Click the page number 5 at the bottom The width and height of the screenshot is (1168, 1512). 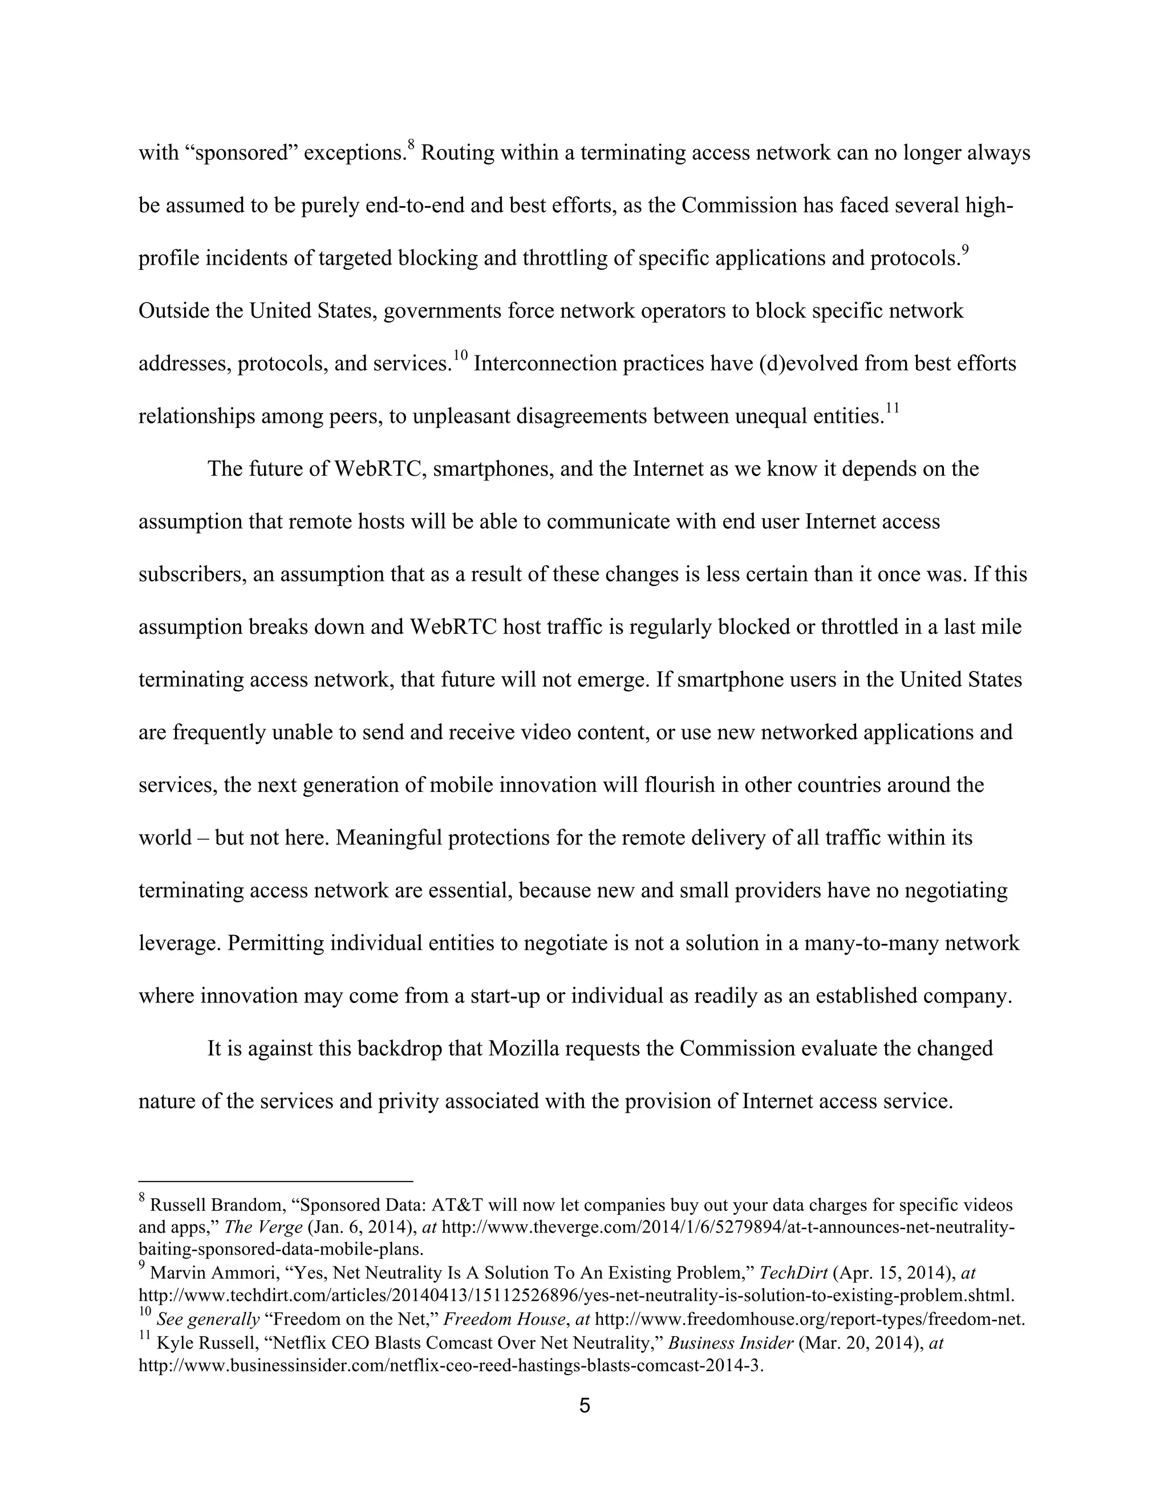click(x=584, y=1406)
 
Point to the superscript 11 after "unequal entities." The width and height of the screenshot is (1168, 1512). click(x=892, y=409)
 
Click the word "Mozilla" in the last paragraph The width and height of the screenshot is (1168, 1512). click(x=524, y=1049)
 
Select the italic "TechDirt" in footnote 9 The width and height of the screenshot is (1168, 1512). click(x=794, y=1273)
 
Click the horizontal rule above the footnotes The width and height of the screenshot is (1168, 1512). click(x=275, y=1181)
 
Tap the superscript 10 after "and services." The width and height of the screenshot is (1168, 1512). click(x=461, y=357)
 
